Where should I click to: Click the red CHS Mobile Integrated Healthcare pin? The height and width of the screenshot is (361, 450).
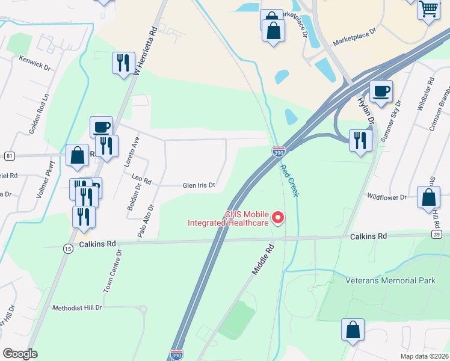pos(278,217)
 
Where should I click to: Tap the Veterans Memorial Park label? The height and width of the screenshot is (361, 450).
pos(390,280)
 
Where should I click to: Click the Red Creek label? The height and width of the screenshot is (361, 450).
pos(290,179)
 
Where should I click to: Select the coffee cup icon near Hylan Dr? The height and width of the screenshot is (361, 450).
pos(381,92)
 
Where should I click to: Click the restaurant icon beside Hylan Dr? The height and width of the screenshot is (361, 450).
pos(360,141)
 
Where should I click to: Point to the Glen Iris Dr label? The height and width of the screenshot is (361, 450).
pos(199,186)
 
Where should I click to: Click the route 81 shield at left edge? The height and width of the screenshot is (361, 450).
pos(9,156)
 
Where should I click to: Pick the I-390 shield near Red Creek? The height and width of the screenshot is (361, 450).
pos(279,152)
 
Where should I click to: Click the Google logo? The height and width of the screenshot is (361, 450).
pos(20,353)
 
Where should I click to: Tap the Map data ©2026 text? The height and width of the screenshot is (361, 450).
pos(424,356)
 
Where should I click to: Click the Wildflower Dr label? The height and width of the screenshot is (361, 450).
pos(387,197)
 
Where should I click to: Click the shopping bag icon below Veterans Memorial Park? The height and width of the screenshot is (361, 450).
pos(353,330)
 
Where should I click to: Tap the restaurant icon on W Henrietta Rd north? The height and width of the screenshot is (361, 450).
pos(123,63)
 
